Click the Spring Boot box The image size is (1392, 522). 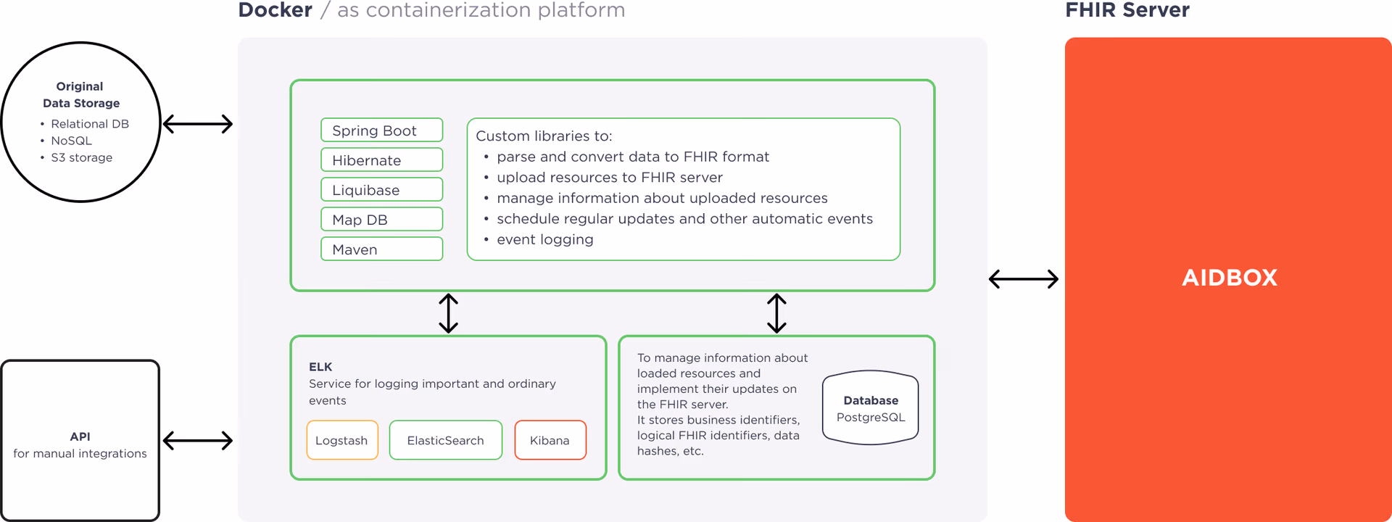click(381, 130)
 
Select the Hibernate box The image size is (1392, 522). click(381, 160)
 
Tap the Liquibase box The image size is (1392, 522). click(381, 190)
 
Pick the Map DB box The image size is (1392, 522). click(381, 220)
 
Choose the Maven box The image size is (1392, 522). click(381, 249)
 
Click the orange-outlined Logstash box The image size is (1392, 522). click(342, 440)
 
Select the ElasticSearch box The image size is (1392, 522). click(445, 440)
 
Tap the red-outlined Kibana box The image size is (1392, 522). click(550, 440)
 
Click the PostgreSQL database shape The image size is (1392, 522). click(870, 408)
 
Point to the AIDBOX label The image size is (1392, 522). click(1229, 278)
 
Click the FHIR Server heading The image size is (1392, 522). click(1127, 10)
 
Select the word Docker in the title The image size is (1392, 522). click(275, 10)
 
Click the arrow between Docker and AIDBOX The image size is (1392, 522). click(1024, 279)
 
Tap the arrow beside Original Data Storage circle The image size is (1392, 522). click(198, 124)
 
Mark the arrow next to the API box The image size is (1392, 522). click(198, 440)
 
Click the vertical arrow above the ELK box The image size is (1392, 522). click(448, 313)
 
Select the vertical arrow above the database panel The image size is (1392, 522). click(776, 313)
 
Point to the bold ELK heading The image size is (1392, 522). click(320, 367)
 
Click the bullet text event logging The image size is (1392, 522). click(544, 240)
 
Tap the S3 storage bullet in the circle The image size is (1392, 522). click(81, 157)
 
